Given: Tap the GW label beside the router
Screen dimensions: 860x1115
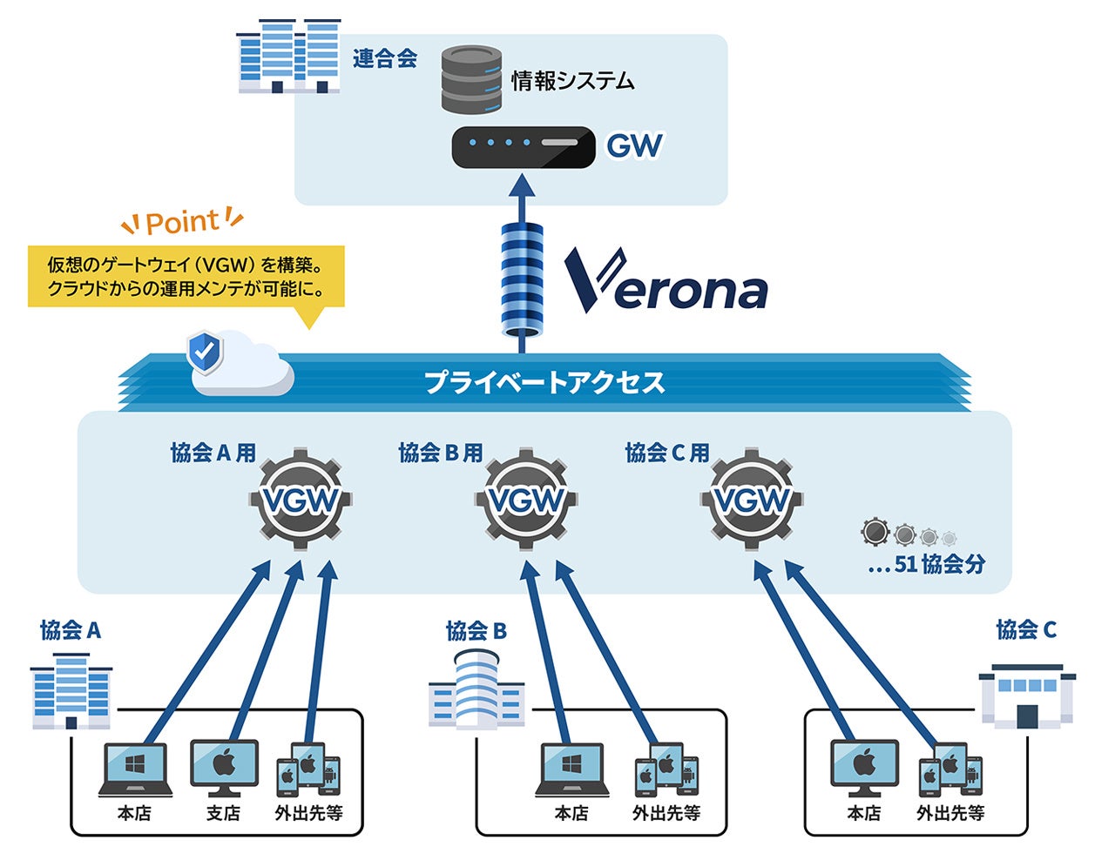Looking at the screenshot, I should pos(634,145).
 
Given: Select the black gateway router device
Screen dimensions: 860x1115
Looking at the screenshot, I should pos(523,147).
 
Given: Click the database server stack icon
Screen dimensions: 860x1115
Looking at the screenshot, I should pos(471,80).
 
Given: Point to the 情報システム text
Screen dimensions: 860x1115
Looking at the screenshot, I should pos(572,82).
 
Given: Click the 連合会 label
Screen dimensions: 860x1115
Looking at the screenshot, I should pos(385,59).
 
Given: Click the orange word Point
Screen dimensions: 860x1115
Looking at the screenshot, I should pos(182,223).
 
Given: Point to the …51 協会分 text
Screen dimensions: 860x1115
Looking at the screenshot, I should pos(927,564).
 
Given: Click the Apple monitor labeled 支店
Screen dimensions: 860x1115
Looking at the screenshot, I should pos(224,767).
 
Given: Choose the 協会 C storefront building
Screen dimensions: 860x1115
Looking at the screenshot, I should pos(1027,695).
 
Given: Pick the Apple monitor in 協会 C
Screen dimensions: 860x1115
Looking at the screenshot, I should pos(863,767).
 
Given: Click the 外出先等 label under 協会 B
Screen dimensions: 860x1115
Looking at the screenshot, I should pos(666,814).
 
